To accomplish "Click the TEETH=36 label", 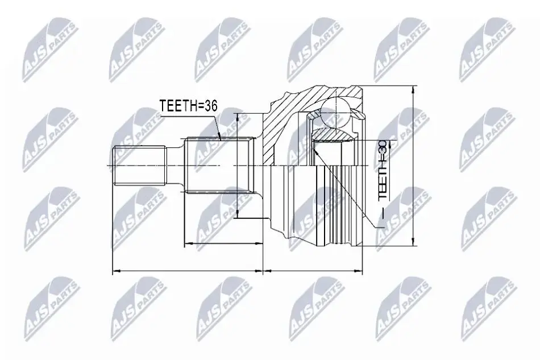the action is (x=188, y=106).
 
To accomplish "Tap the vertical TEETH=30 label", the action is (x=383, y=170).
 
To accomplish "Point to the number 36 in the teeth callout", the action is (x=210, y=106).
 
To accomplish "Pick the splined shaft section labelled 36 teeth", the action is (x=219, y=166).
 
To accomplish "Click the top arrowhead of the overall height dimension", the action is (x=413, y=90).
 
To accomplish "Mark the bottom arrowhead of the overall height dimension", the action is (x=413, y=241).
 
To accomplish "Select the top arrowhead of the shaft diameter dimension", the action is (x=238, y=118).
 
